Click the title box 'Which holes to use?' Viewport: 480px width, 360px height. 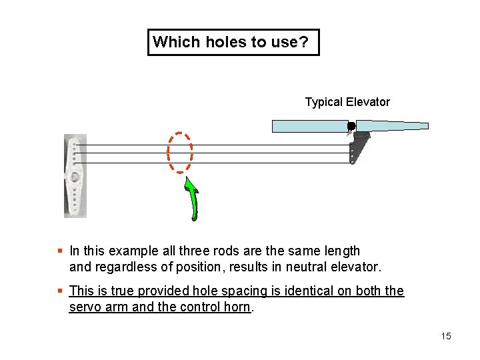coord(233,42)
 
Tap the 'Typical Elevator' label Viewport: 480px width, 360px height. coord(347,102)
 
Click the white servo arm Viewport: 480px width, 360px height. coord(75,176)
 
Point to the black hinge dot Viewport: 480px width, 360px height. coord(351,126)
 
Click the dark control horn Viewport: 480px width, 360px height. coord(359,147)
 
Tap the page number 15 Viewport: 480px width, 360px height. coord(446,336)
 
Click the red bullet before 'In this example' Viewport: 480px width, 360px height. coord(60,251)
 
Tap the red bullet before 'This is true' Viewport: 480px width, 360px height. coord(60,291)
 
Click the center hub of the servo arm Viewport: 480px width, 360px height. coord(75,177)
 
